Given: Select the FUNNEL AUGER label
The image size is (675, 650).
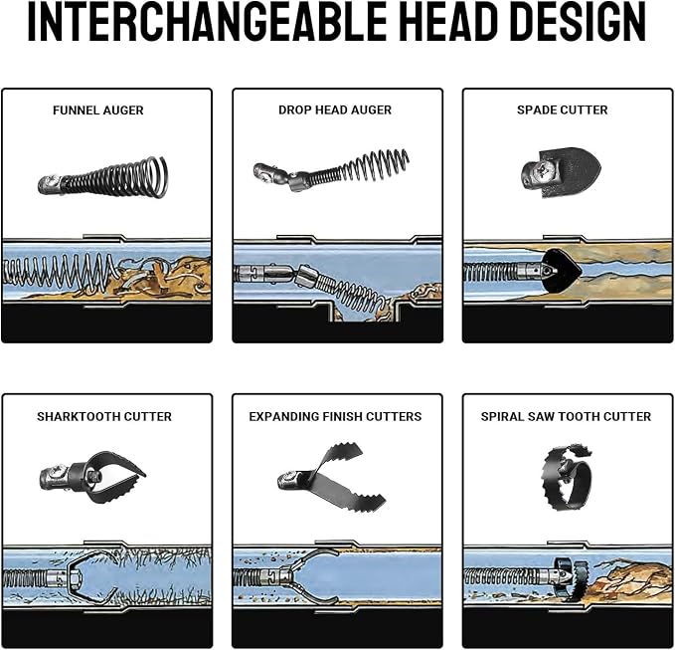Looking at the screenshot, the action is pos(98,110).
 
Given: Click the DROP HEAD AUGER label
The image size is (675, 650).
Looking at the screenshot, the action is pos(335,109).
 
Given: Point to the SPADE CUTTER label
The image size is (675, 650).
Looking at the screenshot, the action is pos(563,109).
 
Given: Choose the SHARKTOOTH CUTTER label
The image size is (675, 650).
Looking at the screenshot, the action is pos(104,416).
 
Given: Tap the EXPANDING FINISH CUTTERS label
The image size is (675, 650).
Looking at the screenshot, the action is pos(335,416).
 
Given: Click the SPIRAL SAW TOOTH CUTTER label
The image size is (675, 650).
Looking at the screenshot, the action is pos(566,416).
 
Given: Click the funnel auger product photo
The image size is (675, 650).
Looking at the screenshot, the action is pos(103,177).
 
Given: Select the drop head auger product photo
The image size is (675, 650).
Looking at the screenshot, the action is pos(331,170).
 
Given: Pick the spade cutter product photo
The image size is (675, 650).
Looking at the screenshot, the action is pos(562,172).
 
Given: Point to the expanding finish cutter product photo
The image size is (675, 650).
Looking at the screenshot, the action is pos(331,476).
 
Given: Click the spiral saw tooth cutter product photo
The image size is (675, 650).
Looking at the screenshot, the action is pos(568,476).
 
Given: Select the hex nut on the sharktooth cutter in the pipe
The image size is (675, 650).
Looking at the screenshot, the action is pos(74,577).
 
